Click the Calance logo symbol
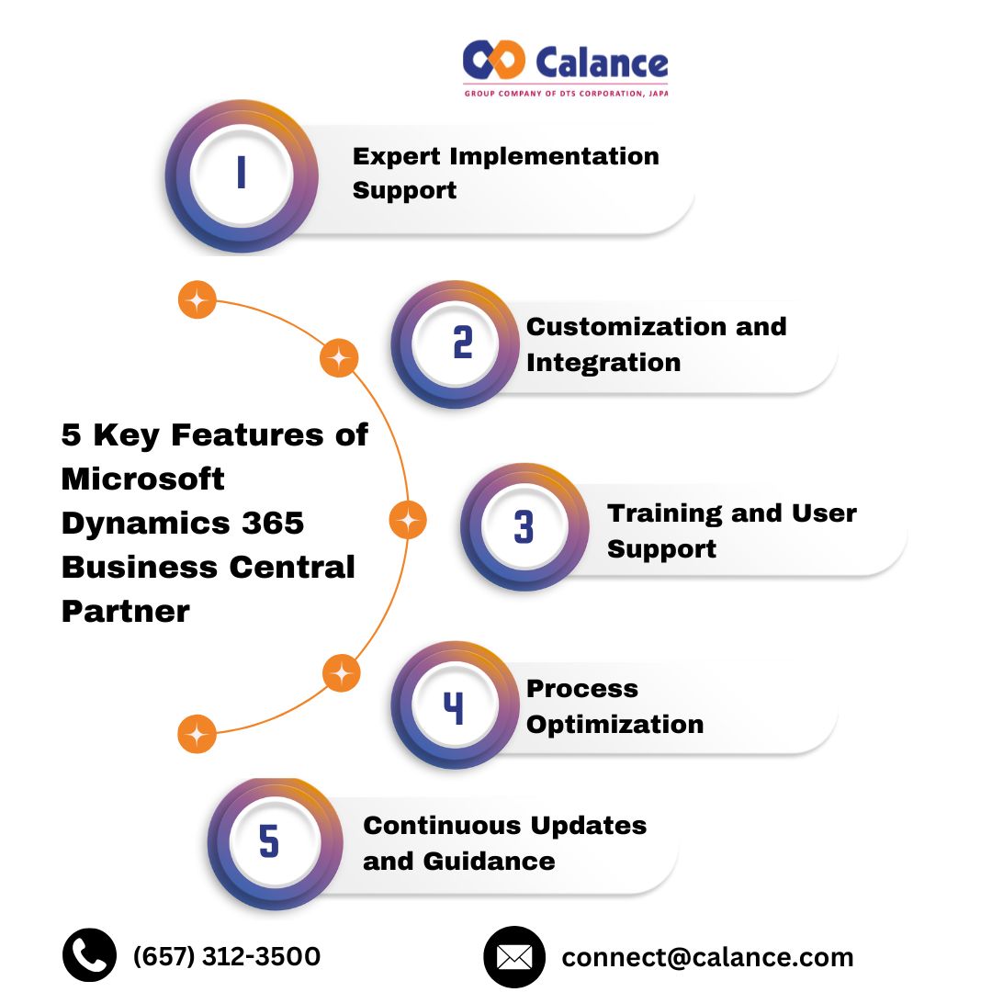click(x=494, y=61)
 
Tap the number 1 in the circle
click(x=242, y=174)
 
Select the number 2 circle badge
click(x=462, y=344)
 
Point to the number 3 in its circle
click(x=524, y=528)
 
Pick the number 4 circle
click(x=454, y=707)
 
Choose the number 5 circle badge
click(x=268, y=842)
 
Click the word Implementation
click(x=558, y=156)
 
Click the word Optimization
click(x=614, y=724)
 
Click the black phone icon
click(x=90, y=955)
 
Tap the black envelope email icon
click(x=514, y=957)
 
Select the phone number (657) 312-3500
click(x=227, y=956)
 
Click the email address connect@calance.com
click(x=707, y=957)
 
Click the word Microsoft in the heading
click(x=142, y=479)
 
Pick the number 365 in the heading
click(x=274, y=523)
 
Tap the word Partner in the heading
click(x=126, y=611)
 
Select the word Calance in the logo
click(x=601, y=62)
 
